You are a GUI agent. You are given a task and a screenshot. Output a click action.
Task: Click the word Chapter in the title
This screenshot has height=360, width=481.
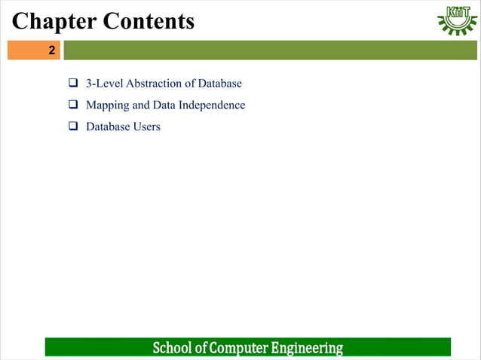pyautogui.click(x=53, y=21)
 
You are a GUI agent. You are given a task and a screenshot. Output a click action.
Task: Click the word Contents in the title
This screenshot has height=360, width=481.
pyautogui.click(x=149, y=21)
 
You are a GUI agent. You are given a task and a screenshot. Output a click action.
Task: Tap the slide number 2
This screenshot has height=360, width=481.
pyautogui.click(x=51, y=51)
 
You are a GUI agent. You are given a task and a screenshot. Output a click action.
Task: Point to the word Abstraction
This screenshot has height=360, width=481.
pyautogui.click(x=156, y=83)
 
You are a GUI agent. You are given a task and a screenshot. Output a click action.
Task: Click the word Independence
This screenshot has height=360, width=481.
pyautogui.click(x=212, y=105)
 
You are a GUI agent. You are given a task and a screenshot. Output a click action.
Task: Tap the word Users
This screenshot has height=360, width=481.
pyautogui.click(x=146, y=127)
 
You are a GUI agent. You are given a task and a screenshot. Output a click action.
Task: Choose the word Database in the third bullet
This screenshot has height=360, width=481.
pyautogui.click(x=108, y=127)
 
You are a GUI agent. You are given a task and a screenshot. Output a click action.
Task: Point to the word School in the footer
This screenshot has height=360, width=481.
pyautogui.click(x=172, y=348)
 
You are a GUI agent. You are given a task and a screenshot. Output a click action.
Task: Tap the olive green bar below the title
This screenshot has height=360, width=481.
pyautogui.click(x=271, y=50)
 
